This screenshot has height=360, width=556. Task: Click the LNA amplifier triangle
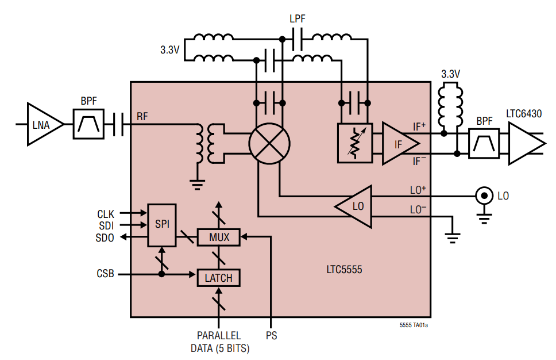point(42,124)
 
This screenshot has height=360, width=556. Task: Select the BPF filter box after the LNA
point(88,124)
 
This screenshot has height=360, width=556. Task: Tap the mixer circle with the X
point(269,144)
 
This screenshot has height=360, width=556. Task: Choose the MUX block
point(219,236)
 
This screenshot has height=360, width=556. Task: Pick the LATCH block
point(218,278)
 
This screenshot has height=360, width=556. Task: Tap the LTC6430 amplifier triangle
point(523,144)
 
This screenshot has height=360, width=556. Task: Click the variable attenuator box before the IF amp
point(355,144)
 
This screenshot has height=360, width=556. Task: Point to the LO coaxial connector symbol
point(484,196)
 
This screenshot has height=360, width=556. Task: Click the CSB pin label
point(105,274)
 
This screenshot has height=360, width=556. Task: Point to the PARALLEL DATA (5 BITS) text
point(219,342)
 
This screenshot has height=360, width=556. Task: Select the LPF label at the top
point(298,20)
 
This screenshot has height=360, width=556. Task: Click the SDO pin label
point(105,238)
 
